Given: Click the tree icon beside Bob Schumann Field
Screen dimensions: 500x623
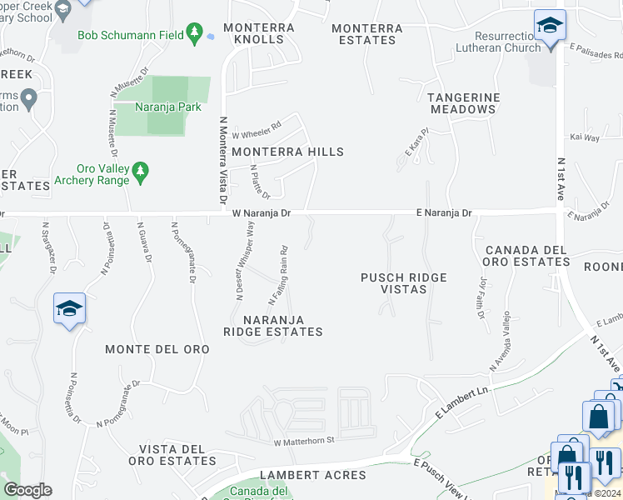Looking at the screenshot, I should click(195, 34).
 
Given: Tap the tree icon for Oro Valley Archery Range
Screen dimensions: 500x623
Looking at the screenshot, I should click(141, 172).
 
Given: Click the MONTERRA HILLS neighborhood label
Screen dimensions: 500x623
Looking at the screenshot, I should click(287, 152).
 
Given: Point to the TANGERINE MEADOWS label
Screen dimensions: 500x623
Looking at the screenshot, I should click(464, 103).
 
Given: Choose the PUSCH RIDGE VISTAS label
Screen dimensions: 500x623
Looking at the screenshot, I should click(405, 283).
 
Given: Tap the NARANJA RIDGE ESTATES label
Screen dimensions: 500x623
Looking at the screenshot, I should click(272, 326).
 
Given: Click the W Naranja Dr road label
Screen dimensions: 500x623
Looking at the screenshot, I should click(262, 213).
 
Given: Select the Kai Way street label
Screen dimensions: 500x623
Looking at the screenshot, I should click(585, 137).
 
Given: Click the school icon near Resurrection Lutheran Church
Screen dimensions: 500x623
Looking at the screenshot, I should click(550, 26).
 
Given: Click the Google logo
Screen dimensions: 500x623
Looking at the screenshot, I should click(27, 490).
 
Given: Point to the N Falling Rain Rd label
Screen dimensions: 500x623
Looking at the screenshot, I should click(278, 275).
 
